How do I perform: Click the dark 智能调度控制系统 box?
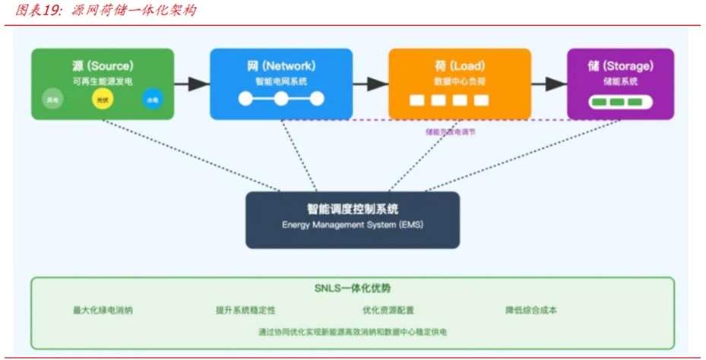click(x=352, y=219)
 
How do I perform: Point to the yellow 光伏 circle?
click(x=102, y=99)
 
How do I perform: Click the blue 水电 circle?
click(x=152, y=99)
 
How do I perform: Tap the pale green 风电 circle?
click(x=52, y=99)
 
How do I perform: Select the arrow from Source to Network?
click(x=192, y=84)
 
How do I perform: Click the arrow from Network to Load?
click(x=370, y=84)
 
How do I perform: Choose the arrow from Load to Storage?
click(x=549, y=84)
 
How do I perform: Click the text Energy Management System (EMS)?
click(x=352, y=226)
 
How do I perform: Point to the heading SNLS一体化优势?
click(x=352, y=289)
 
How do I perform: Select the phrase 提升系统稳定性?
click(x=245, y=310)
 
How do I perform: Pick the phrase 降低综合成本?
click(x=531, y=310)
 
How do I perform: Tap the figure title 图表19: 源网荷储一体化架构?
click(x=102, y=11)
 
